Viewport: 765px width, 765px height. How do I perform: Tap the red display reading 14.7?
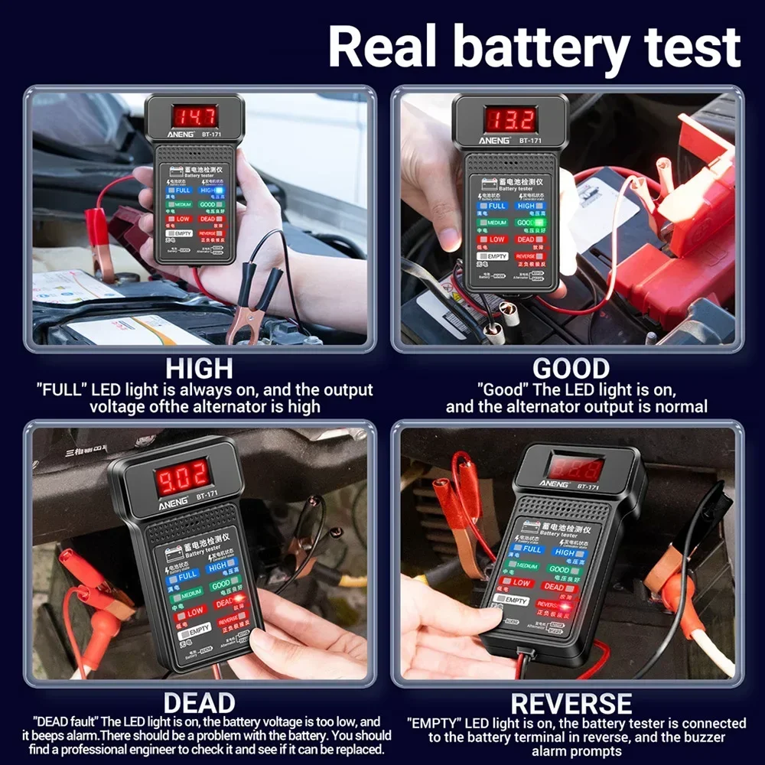(194, 116)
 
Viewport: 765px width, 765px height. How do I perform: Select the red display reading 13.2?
(510, 119)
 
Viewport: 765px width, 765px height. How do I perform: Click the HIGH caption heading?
(199, 368)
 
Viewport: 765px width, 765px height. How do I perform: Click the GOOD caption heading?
(570, 368)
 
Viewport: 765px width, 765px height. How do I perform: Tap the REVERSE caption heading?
(571, 703)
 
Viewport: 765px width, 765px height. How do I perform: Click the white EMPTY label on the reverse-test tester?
(512, 600)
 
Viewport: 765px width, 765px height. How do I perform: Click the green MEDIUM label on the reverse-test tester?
(522, 565)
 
